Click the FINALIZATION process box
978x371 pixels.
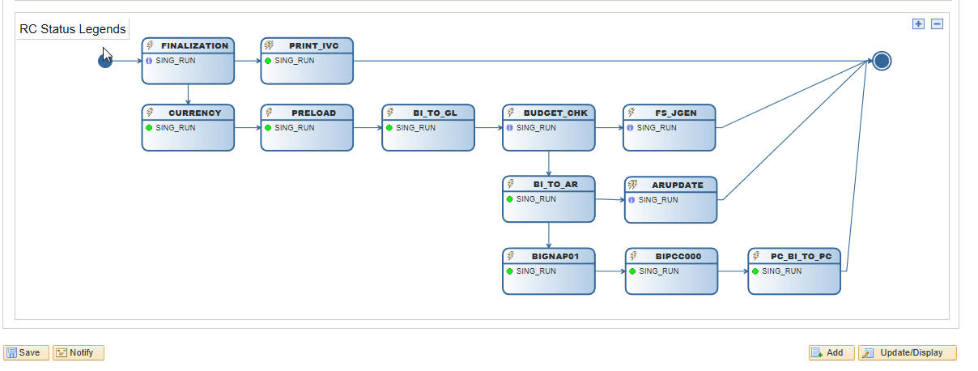point(188,61)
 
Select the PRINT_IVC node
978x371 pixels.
point(307,61)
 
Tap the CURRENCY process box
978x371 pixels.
point(188,127)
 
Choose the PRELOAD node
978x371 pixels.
point(307,127)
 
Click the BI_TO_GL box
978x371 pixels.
point(428,127)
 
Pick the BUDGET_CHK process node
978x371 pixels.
point(549,127)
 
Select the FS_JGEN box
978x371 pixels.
point(669,127)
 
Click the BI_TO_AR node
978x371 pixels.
point(549,198)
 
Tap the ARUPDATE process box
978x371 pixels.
point(670,199)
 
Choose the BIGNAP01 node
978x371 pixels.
point(549,271)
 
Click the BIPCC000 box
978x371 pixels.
point(671,271)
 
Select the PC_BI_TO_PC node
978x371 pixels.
point(794,271)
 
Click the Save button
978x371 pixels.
point(26,352)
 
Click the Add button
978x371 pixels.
point(831,352)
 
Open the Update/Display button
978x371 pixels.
point(907,352)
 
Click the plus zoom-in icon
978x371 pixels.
point(918,23)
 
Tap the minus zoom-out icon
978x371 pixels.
point(937,23)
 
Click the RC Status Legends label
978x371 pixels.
point(73,29)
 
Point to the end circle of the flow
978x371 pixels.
point(882,61)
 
